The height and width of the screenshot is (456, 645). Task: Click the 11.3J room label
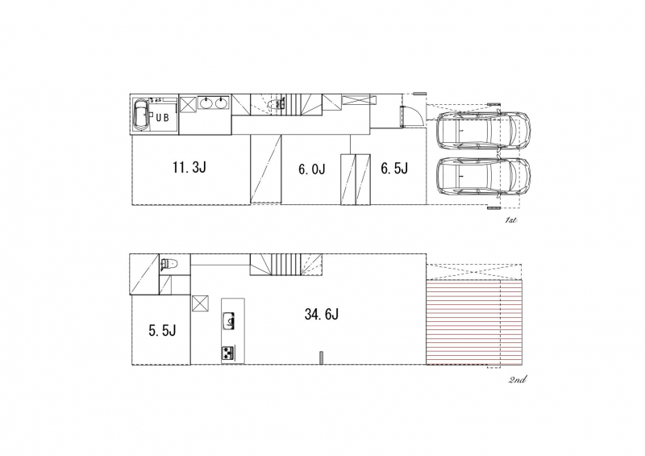[189, 167]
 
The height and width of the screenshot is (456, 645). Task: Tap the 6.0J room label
[312, 169]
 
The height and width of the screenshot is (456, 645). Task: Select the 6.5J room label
[394, 169]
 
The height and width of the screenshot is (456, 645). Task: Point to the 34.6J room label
[322, 314]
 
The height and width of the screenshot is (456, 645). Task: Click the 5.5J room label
[163, 330]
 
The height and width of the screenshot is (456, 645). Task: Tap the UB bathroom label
[163, 117]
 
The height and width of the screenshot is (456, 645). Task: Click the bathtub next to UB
[140, 115]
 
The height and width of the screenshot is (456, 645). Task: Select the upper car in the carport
[483, 130]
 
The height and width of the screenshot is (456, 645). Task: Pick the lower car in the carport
[483, 177]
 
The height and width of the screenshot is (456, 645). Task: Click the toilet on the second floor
[169, 264]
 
